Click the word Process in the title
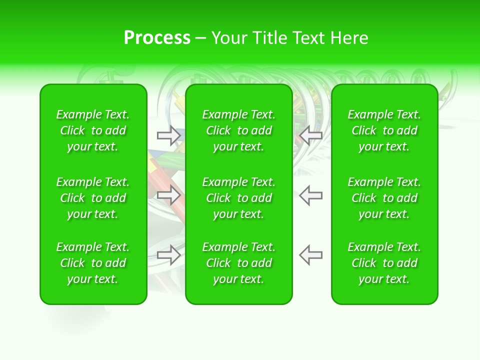pos(157,38)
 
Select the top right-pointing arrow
pos(169,135)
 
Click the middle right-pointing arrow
pos(169,195)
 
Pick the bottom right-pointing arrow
pos(169,255)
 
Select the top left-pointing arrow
pos(311,135)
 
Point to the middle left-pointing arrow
pos(311,195)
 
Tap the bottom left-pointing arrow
pos(311,255)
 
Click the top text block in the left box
pos(93,130)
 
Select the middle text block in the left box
pos(93,198)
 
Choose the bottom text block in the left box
pos(93,263)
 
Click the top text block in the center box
pos(239,130)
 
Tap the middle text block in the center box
pos(239,198)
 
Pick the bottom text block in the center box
pos(239,263)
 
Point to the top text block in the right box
pos(384,130)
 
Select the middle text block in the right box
pos(384,198)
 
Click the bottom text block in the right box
pos(384,263)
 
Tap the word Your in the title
pos(228,38)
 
